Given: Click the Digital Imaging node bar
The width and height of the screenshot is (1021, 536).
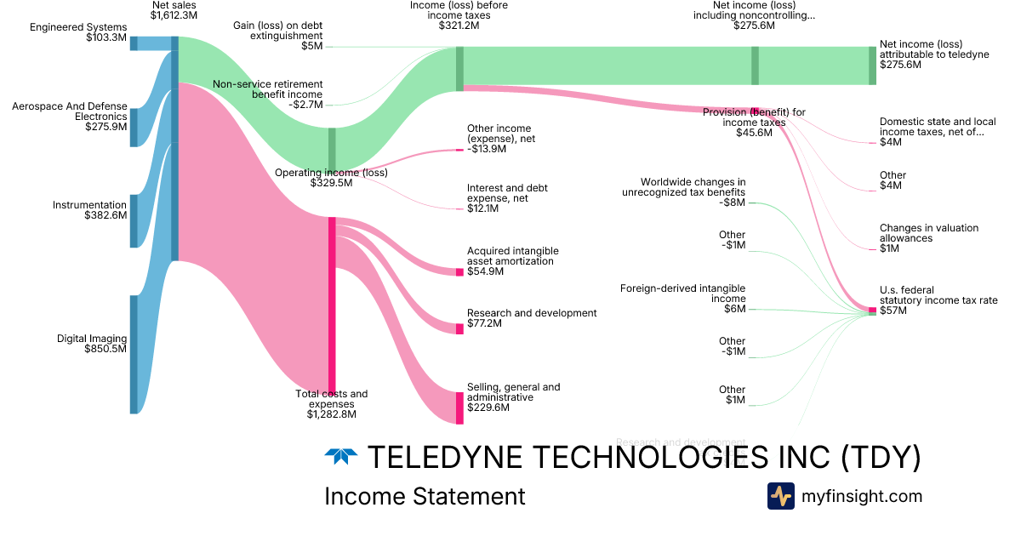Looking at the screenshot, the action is (x=134, y=354).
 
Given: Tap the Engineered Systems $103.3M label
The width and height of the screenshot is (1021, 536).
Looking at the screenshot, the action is (x=77, y=32).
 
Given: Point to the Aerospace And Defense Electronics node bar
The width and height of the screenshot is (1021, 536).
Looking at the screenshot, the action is (x=134, y=128).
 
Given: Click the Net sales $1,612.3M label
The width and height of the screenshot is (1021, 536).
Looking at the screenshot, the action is (x=174, y=10).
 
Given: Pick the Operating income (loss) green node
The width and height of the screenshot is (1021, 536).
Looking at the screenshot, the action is (x=332, y=148).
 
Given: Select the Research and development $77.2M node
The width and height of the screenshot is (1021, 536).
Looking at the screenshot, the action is (x=459, y=328).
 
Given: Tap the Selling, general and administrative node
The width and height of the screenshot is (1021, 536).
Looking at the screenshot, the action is (x=459, y=408).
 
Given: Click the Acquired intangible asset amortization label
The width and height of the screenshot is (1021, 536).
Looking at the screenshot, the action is (x=512, y=256).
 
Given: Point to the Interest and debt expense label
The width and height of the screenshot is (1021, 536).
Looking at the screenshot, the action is (x=507, y=193).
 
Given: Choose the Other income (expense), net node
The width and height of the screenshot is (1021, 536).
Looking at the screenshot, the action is (x=459, y=150).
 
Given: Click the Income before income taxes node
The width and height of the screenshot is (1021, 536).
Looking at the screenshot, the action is (x=459, y=68).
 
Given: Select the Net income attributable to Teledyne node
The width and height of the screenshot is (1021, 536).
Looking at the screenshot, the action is (x=872, y=66).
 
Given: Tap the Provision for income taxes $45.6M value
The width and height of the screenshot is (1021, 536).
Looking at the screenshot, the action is (x=754, y=133).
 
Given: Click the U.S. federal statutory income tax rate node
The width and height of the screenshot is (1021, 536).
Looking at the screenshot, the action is (x=872, y=311).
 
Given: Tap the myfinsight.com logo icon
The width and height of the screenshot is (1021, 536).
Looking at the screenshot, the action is (x=780, y=496).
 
